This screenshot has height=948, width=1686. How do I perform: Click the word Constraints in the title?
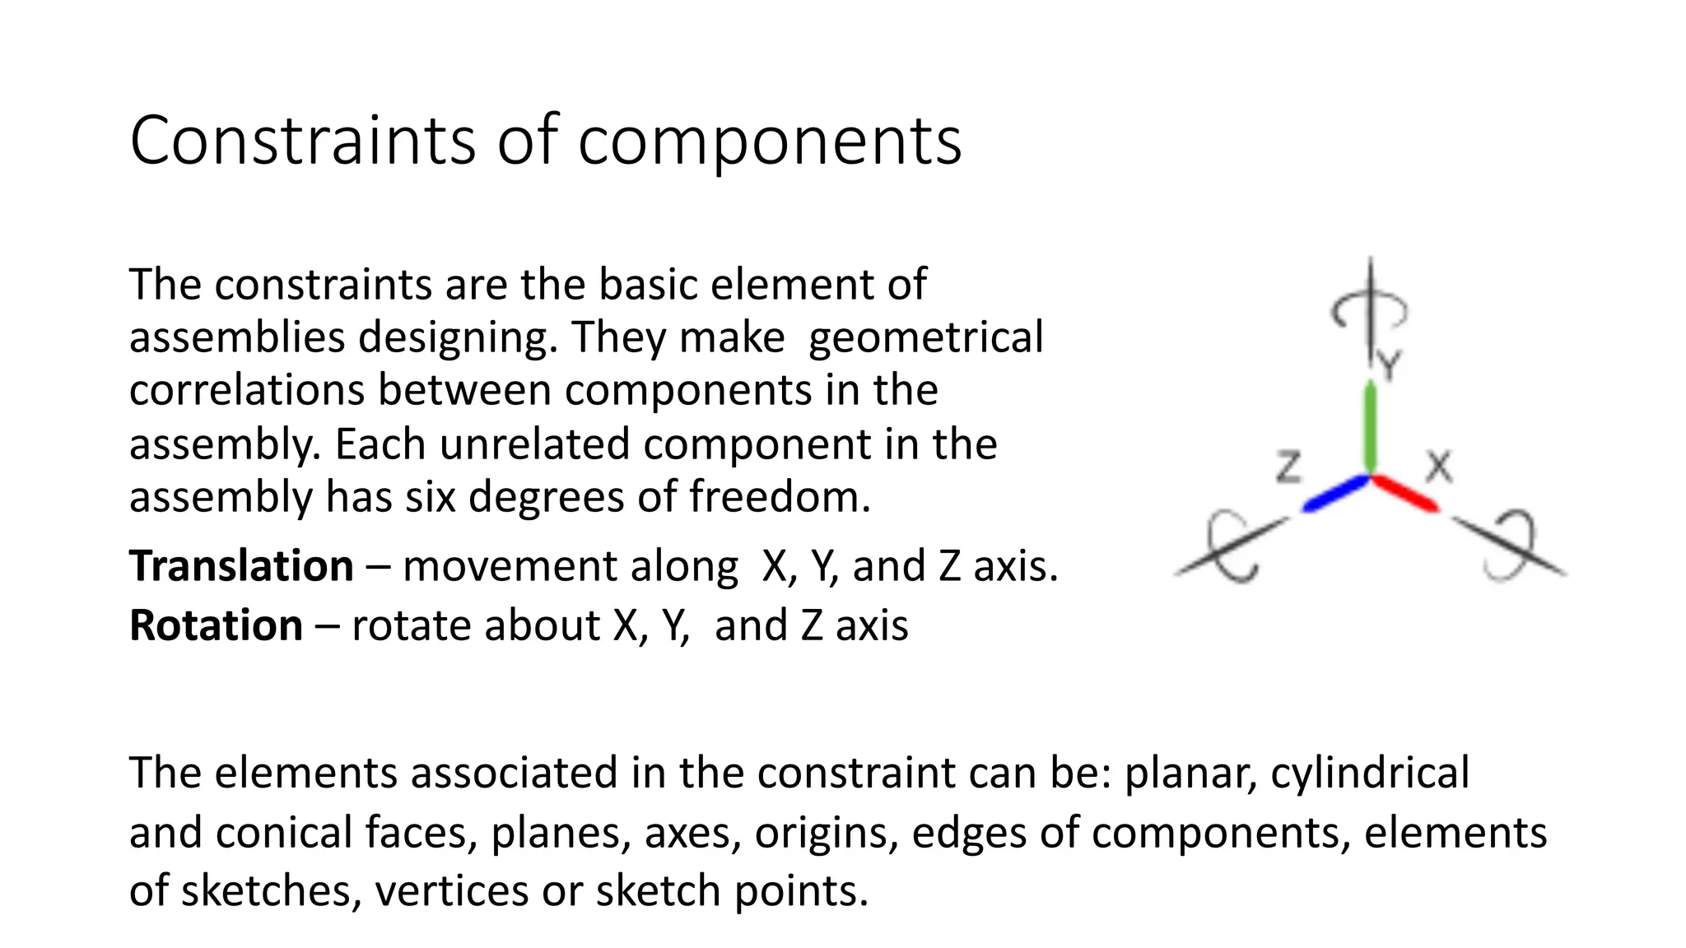(x=302, y=141)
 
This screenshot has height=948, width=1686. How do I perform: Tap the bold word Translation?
(x=241, y=566)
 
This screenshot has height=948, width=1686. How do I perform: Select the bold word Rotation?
(x=216, y=625)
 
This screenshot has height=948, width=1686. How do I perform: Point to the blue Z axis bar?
(x=1335, y=493)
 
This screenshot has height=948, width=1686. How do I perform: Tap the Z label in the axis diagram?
(x=1289, y=467)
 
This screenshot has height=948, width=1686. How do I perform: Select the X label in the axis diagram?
(x=1439, y=467)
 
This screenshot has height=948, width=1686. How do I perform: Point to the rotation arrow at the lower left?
(x=1230, y=547)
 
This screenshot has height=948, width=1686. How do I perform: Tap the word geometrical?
(x=925, y=337)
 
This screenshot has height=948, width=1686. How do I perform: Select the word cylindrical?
(x=1369, y=774)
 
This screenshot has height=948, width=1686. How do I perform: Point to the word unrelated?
(x=538, y=444)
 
